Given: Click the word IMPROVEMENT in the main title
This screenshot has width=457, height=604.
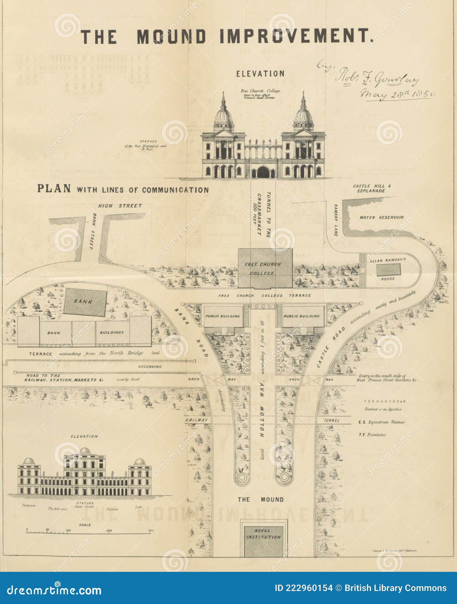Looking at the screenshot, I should click(296, 36).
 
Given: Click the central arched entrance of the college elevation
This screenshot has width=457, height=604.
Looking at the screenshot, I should click(263, 172).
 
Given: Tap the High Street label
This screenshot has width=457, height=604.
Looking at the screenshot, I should click(120, 206).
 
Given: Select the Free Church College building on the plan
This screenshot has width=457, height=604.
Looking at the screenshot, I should click(265, 268).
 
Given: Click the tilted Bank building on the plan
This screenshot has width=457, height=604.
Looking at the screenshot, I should click(85, 302).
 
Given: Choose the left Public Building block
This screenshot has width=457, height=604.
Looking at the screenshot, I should click(223, 316).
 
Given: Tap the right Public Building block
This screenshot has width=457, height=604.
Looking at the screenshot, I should click(302, 316).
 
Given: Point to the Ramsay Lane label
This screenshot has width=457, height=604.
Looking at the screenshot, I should click(336, 220).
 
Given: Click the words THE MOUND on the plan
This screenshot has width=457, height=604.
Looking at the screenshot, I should click(260, 499).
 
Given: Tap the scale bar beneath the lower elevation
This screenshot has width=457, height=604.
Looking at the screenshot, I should click(89, 533).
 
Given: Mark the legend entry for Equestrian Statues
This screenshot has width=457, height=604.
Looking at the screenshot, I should click(381, 422).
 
